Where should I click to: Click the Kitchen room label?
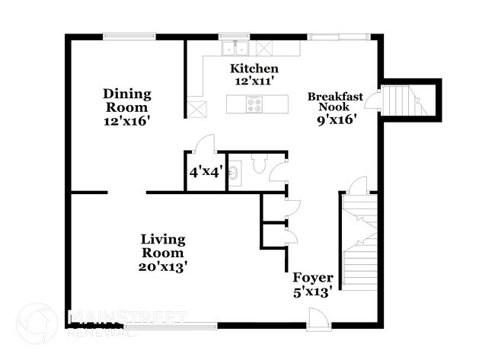(x=249, y=68)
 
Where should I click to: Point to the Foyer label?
(x=308, y=278)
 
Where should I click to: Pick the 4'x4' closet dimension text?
(x=204, y=173)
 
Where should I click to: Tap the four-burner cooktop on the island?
(x=254, y=104)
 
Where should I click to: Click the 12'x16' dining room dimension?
(x=128, y=120)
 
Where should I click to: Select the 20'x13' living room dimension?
(x=162, y=266)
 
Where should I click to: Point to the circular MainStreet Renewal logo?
(x=36, y=323)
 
